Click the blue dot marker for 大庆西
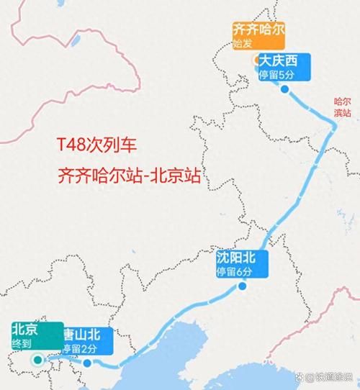pos(284,89)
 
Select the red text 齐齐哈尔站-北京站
pos(129,174)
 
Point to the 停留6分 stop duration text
pos(235,271)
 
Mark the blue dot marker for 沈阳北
pos(243,286)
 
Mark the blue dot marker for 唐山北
pos(87,363)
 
